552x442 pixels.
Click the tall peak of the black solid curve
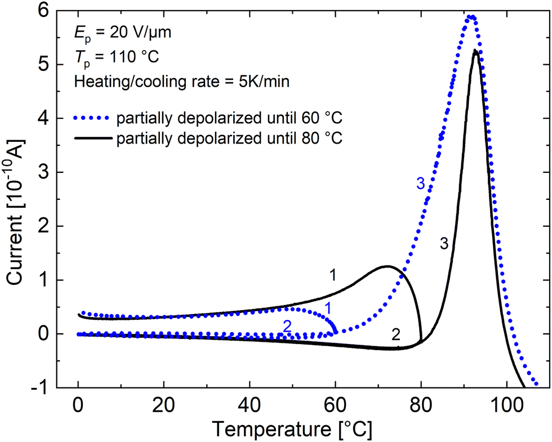(475, 51)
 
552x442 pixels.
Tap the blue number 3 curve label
(420, 183)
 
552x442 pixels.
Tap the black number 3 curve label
(443, 244)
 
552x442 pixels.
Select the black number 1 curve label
(333, 275)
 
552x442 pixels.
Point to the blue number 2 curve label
(287, 325)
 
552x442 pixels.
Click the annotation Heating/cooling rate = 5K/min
(181, 82)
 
